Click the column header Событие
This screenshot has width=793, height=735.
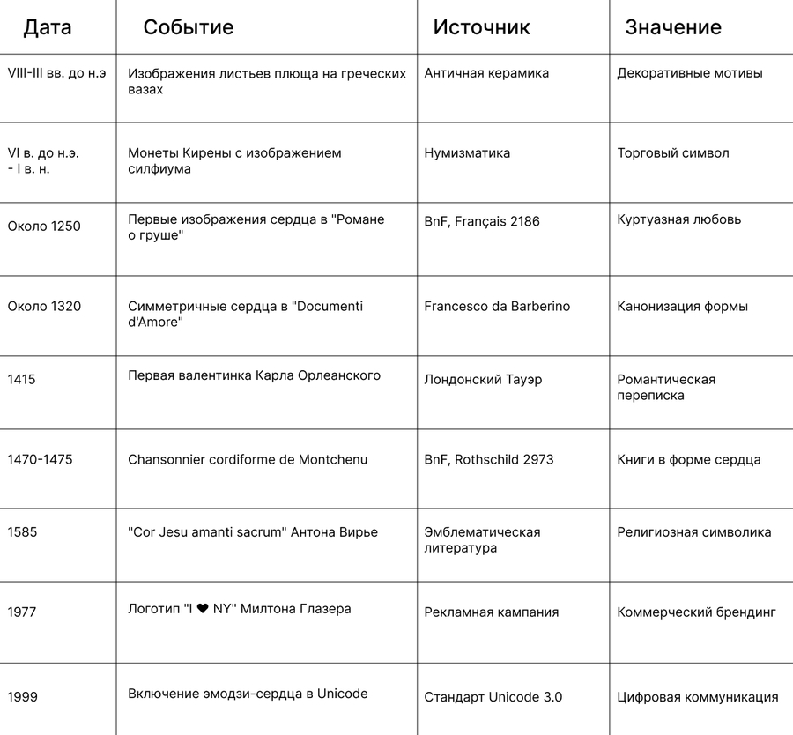point(189,27)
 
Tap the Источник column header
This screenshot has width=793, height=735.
point(481,27)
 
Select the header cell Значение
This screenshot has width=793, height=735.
point(672,27)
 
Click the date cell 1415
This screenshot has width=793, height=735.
point(21,380)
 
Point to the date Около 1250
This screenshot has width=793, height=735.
point(44,226)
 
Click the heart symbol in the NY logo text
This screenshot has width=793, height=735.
point(203,609)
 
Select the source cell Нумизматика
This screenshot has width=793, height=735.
point(467,153)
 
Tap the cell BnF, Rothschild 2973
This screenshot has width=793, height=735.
point(489,460)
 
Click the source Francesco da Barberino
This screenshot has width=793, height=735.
point(497,307)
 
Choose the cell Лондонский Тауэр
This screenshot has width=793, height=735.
point(483,380)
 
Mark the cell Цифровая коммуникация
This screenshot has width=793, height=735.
point(697,697)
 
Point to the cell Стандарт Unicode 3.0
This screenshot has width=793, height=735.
point(493,697)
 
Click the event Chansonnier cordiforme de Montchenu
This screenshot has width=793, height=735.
point(248,460)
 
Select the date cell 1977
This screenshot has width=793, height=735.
point(22,612)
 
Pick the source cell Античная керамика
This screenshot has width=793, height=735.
point(486,73)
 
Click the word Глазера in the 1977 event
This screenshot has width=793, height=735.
point(326,609)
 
